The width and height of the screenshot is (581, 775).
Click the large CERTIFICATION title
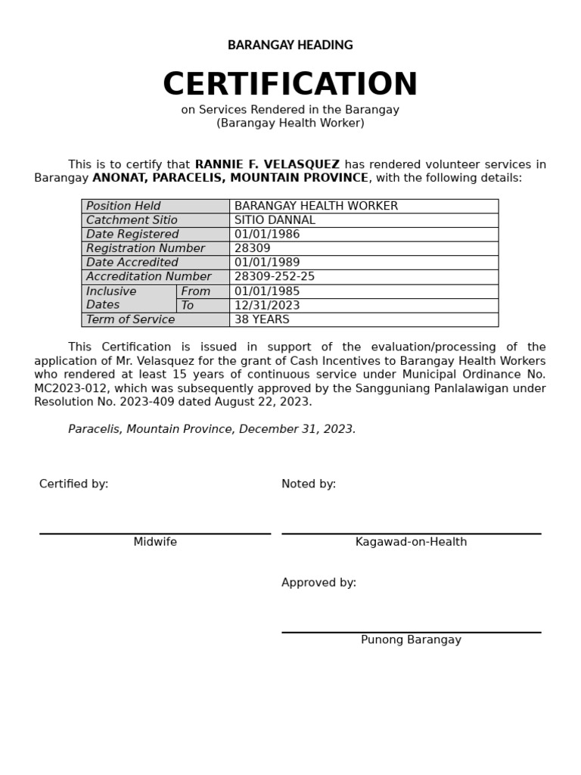point(290,85)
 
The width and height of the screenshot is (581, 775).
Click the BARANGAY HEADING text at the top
point(290,45)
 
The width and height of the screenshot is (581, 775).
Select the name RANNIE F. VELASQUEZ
point(267,164)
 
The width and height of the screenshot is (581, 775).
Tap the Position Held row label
point(123,206)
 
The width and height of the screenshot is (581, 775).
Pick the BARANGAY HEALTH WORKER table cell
point(315,206)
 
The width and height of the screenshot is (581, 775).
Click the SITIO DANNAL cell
point(275,220)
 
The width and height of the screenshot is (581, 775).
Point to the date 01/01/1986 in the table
point(267,235)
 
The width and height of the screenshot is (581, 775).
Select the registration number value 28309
point(252,248)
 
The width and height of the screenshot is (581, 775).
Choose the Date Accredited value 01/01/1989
point(267,263)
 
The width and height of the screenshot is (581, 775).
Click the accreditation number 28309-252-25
point(275,277)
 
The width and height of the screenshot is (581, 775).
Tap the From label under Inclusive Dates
point(196,291)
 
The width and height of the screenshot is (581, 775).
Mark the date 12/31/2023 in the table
point(267,306)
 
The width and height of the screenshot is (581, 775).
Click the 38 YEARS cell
point(262,319)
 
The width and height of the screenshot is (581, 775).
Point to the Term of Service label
point(130,319)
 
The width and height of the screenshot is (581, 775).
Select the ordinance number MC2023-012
point(70,388)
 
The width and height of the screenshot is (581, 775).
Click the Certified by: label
point(73,484)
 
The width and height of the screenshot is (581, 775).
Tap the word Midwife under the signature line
point(155,542)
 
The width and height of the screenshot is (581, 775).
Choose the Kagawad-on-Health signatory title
point(411,542)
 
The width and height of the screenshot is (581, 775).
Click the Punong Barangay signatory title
point(411,640)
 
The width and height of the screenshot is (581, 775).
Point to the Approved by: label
point(318,583)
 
